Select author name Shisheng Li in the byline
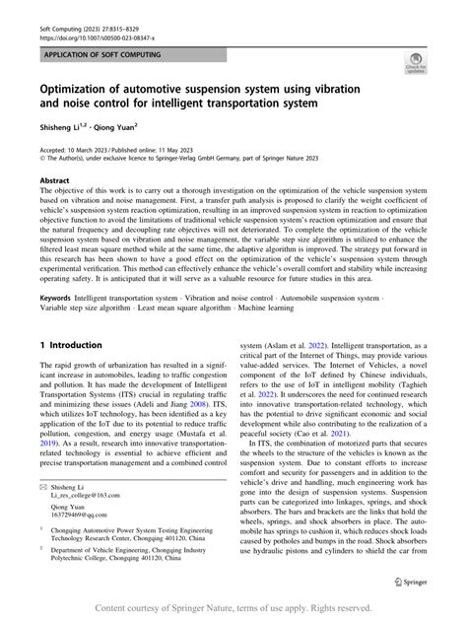62,126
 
